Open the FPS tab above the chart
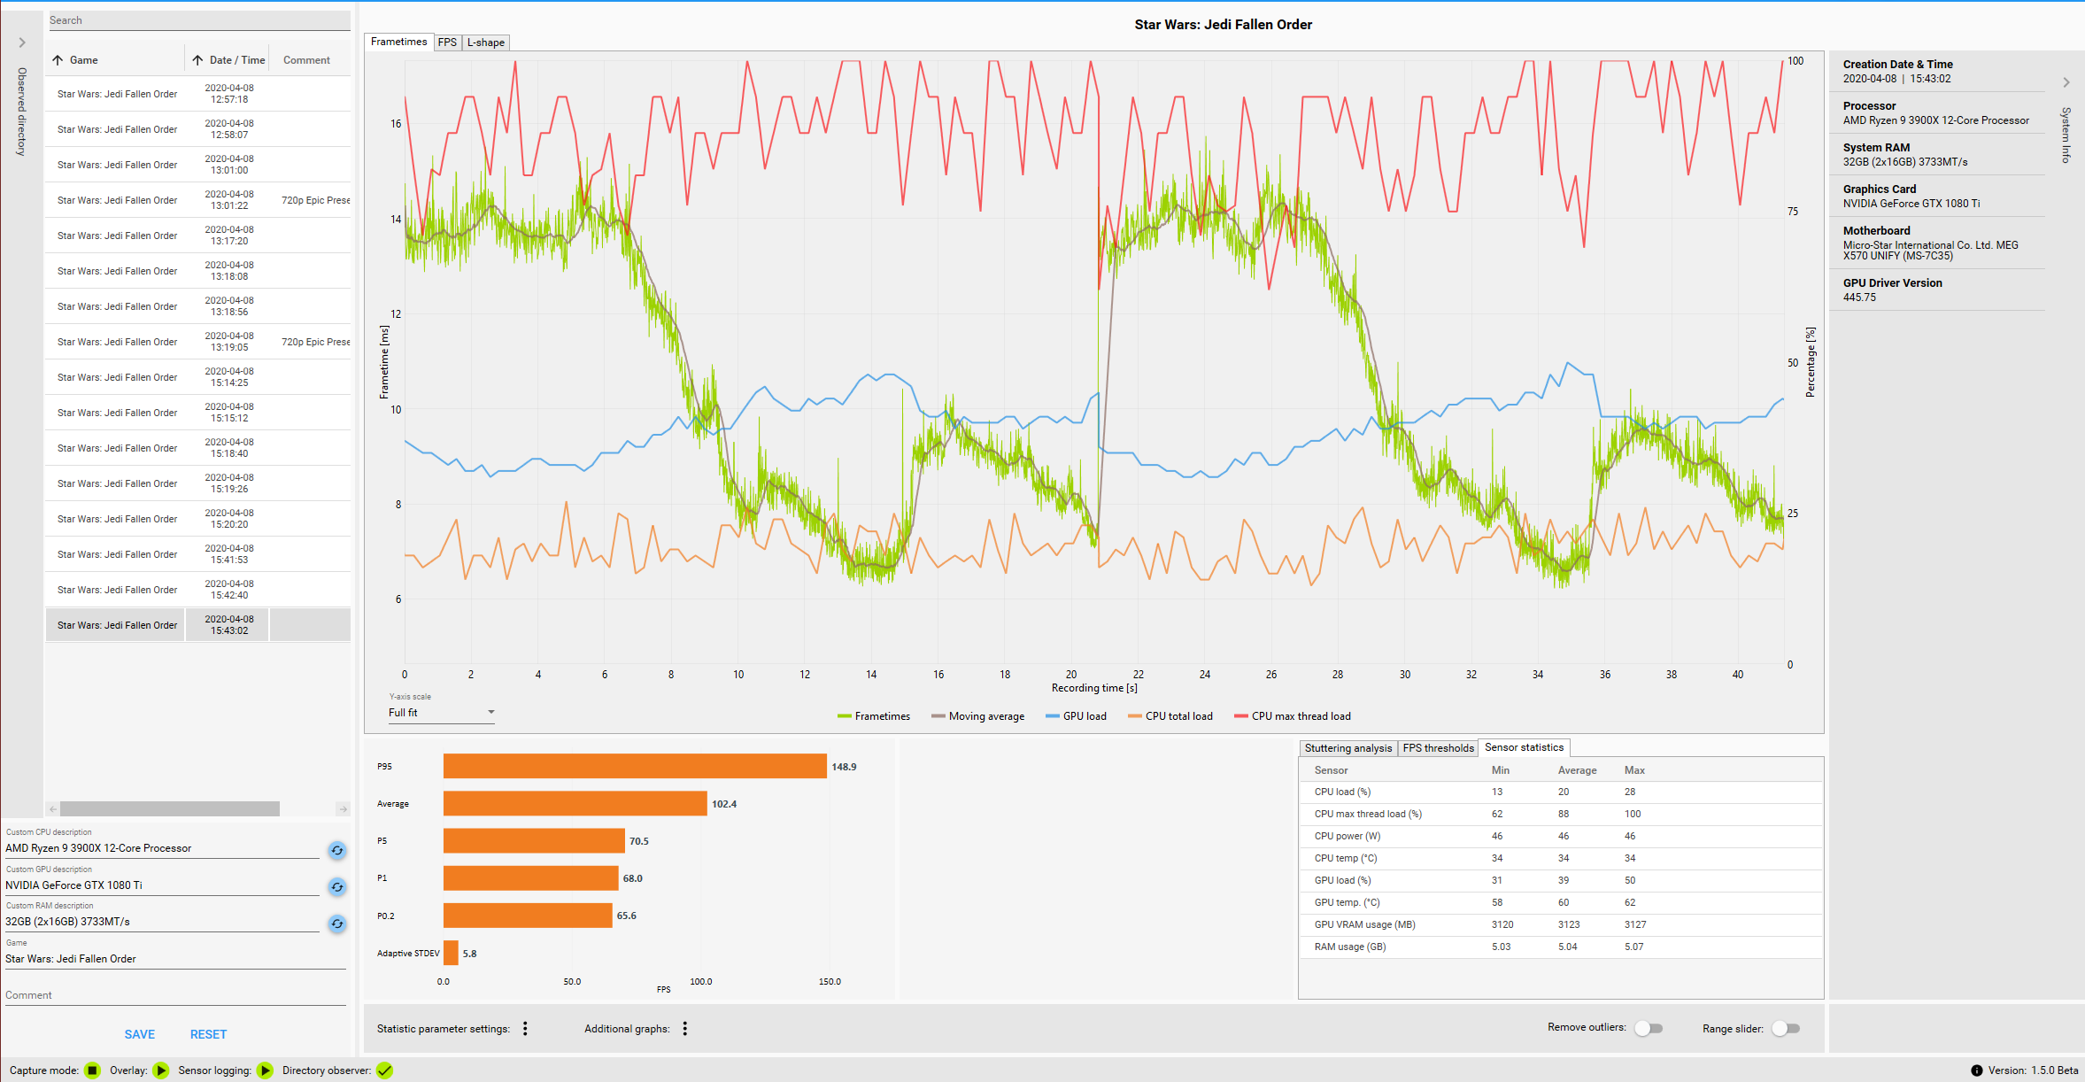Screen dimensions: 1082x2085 [x=447, y=43]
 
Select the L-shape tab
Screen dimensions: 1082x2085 [x=485, y=43]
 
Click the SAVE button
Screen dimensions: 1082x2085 [x=140, y=1034]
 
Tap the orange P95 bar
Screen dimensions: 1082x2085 [x=635, y=767]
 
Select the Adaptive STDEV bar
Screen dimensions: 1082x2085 [x=451, y=954]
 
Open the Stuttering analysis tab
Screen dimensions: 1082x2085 [x=1348, y=748]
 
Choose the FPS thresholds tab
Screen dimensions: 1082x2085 [x=1438, y=748]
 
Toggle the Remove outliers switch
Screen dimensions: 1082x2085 [x=1649, y=1028]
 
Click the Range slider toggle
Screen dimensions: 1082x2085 [x=1786, y=1028]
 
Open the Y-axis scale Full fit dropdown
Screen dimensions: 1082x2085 [x=441, y=713]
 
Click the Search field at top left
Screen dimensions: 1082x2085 [x=198, y=20]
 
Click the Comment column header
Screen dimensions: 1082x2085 [x=306, y=60]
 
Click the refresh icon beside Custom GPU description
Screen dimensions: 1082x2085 [x=337, y=886]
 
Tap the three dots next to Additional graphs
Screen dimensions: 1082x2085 [x=685, y=1028]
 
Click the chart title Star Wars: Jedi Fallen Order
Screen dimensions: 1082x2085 [x=1223, y=25]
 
